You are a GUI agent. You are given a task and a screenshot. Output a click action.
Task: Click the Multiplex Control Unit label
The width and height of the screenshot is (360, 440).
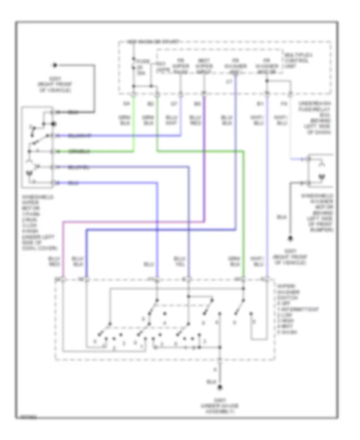pos(296,60)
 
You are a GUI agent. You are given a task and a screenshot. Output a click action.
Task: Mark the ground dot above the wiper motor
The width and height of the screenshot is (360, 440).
pos(56,64)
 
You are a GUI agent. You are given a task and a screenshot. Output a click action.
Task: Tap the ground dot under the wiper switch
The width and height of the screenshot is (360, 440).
pos(220,387)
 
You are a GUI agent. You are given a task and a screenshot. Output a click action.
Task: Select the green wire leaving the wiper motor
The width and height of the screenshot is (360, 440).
pos(96,152)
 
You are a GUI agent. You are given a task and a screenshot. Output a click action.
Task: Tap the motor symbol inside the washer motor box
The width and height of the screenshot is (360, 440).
pos(320,176)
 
